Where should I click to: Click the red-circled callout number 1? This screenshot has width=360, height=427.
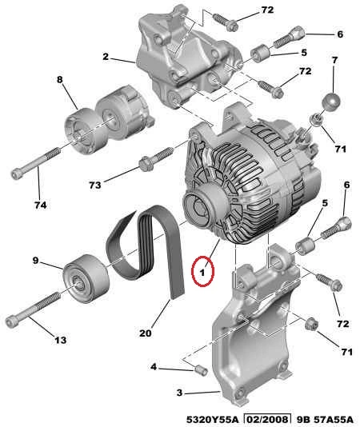pyautogui.click(x=202, y=272)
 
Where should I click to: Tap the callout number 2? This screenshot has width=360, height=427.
pyautogui.click(x=106, y=56)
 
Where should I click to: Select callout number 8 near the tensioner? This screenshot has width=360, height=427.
pyautogui.click(x=60, y=79)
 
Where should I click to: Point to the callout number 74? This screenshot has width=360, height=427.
pyautogui.click(x=40, y=205)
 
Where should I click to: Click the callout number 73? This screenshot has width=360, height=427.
pyautogui.click(x=95, y=186)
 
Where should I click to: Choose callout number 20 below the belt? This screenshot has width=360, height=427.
pyautogui.click(x=146, y=333)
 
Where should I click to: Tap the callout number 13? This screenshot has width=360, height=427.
pyautogui.click(x=61, y=340)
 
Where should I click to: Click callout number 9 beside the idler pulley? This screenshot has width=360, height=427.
pyautogui.click(x=36, y=261)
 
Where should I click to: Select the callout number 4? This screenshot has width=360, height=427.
pyautogui.click(x=154, y=367)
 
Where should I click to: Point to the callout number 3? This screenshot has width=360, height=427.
pyautogui.click(x=179, y=393)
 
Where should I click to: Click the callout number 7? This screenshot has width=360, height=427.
pyautogui.click(x=335, y=60)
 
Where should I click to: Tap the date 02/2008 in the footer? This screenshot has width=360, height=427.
pyautogui.click(x=267, y=419)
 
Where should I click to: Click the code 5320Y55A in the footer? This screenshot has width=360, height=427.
pyautogui.click(x=213, y=419)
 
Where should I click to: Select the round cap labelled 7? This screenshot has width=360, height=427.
pyautogui.click(x=331, y=101)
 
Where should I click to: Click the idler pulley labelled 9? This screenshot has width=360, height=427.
pyautogui.click(x=86, y=277)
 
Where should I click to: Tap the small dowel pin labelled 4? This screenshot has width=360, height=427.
pyautogui.click(x=202, y=371)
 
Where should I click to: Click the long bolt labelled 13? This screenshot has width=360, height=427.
pyautogui.click(x=34, y=309)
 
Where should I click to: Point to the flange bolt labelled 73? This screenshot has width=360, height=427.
pyautogui.click(x=156, y=159)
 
